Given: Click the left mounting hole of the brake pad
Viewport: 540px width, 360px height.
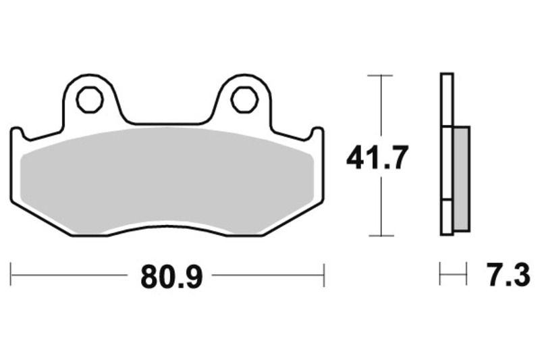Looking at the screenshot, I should pos(88,100).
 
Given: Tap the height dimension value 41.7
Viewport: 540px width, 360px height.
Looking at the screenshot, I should pos(377,158).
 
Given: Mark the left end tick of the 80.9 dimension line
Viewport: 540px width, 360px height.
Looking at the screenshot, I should pos(11,276).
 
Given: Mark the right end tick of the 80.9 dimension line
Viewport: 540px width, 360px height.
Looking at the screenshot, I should pos(325,276).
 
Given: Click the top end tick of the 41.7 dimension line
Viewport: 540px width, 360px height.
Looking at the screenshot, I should pos(382,76).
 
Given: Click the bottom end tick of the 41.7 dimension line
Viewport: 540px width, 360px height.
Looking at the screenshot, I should pos(382,236).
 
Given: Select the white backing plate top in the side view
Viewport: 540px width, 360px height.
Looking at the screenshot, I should pos(446,98).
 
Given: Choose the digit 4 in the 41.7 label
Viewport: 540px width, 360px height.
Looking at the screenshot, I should pos(356,158).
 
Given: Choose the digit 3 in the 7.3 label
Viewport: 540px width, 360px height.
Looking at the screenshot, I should pos(520,276).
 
